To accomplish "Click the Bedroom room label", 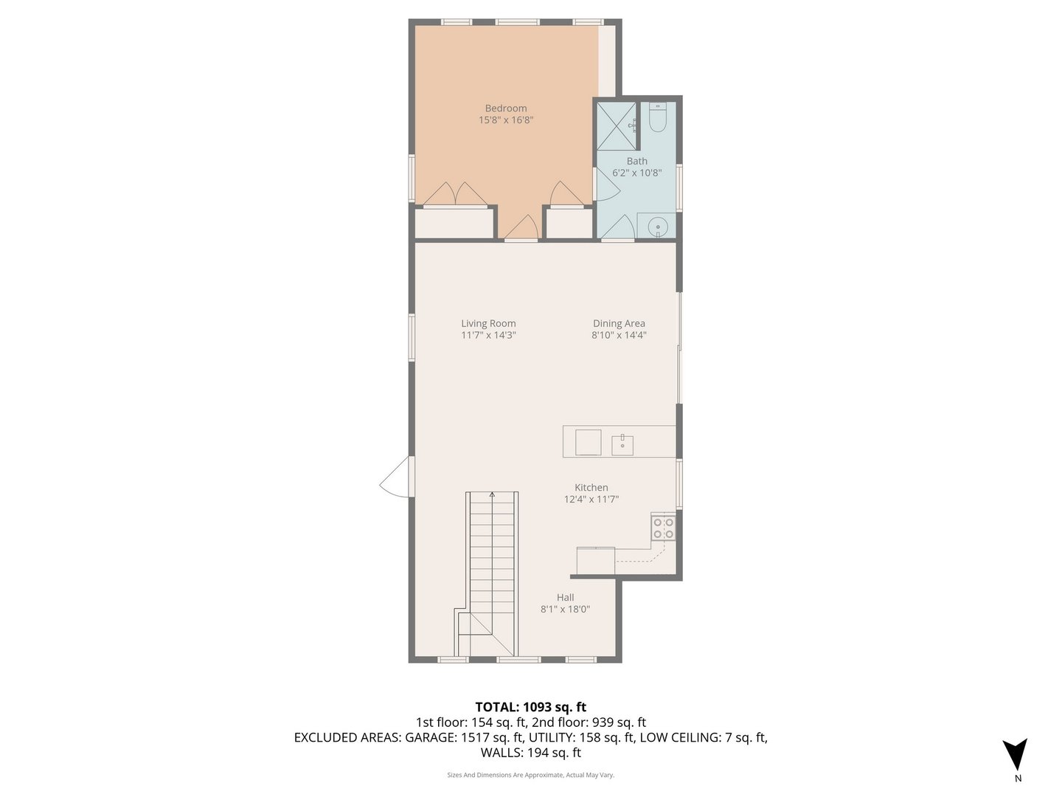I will [506, 108].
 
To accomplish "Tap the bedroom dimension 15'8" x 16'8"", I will [506, 120].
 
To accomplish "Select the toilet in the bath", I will [658, 117].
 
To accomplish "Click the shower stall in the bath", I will [616, 125].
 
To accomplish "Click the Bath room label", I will [637, 162].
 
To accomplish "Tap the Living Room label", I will [488, 323].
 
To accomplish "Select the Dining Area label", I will [619, 323].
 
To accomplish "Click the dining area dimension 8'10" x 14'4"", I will [619, 335].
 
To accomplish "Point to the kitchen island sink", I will [622, 445].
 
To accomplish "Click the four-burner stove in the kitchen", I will [663, 528].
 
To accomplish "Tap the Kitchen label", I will [591, 488].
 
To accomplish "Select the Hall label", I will [566, 598].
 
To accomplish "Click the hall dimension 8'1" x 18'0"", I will [566, 610].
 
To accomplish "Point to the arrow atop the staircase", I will [493, 495].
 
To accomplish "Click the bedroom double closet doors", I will [455, 194].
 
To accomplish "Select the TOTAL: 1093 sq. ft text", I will [530, 707].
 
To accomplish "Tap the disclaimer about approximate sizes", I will [530, 775].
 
